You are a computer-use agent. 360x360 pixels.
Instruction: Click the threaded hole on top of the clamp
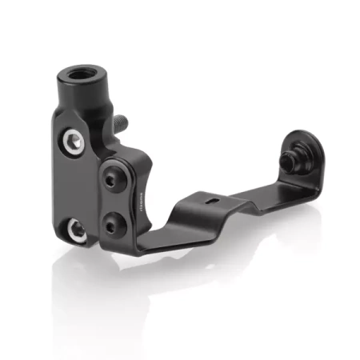(x=81, y=74)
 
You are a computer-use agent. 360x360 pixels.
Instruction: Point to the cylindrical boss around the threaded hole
(x=83, y=86)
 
